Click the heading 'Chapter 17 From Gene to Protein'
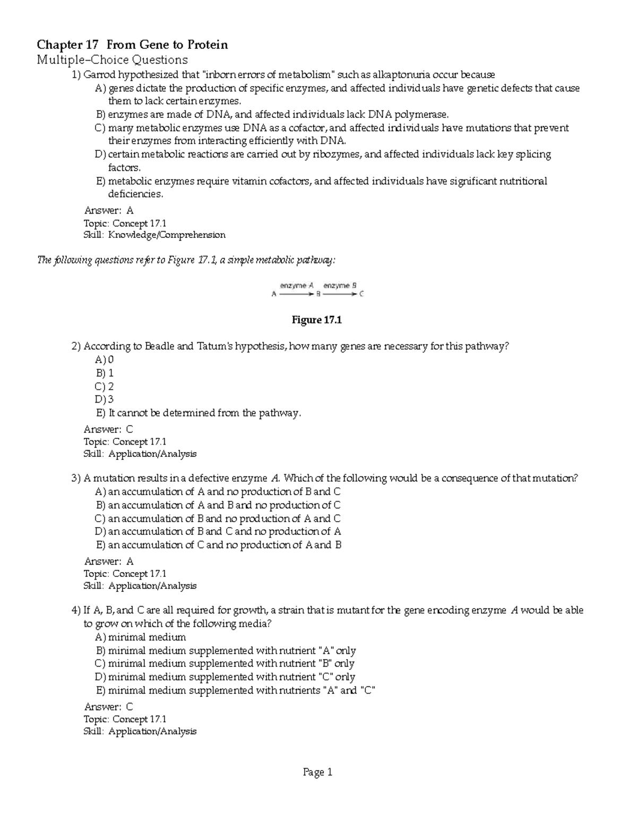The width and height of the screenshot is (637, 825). coord(132,45)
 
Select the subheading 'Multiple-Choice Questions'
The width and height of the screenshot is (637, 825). coord(112,59)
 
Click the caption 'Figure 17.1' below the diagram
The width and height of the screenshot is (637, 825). coord(317,320)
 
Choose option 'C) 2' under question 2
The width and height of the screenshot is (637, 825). coord(105,386)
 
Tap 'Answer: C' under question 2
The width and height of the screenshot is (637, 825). coord(108,429)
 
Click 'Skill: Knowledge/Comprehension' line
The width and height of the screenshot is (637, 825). coord(154,235)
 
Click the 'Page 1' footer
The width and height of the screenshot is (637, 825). coord(317,772)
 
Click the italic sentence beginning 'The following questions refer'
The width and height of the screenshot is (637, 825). coord(186,260)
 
